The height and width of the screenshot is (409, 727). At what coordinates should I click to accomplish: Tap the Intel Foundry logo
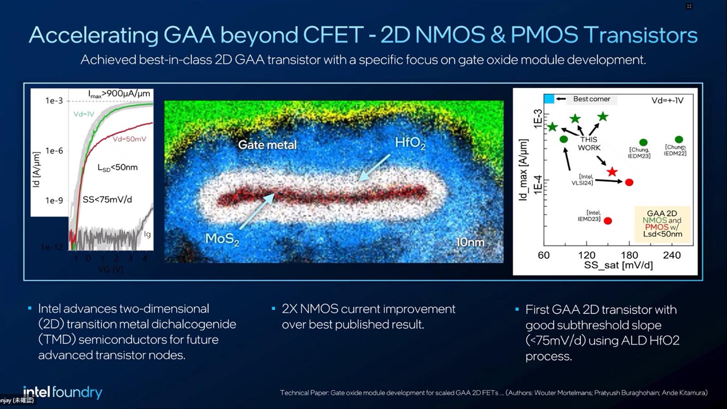63,392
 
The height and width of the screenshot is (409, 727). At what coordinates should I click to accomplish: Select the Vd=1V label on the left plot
84,114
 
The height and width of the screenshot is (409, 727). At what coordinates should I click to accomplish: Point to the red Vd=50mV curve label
129,139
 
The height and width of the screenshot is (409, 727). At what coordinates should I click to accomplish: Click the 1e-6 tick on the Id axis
54,150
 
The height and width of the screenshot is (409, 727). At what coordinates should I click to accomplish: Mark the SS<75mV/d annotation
107,200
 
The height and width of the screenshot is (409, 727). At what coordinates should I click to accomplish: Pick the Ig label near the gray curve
147,234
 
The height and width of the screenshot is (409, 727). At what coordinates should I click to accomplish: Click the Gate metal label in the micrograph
267,145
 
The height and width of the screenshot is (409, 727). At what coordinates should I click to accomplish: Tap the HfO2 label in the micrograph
410,143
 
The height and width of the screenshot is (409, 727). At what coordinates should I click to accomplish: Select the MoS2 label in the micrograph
222,239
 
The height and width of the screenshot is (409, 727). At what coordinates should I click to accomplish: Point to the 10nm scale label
470,242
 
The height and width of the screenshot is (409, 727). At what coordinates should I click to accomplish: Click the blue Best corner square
549,99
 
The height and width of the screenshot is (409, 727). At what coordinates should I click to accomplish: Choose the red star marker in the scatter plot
612,172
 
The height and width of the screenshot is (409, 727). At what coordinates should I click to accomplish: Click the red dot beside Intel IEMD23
608,221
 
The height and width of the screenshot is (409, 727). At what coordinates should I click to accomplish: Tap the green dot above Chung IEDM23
643,142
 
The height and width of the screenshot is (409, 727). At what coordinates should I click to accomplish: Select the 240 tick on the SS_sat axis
672,255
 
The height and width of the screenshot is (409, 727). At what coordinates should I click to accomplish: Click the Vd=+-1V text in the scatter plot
667,100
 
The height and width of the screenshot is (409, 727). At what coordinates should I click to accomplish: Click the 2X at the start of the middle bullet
291,309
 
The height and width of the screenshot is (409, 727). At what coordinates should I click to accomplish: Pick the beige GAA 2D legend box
662,224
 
